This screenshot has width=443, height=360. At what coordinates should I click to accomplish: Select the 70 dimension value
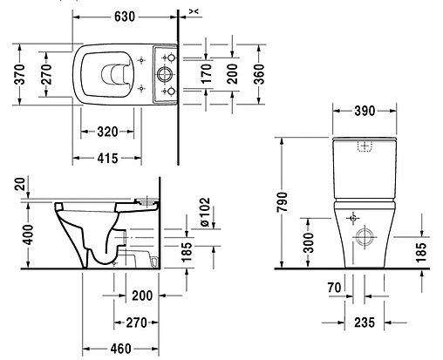click(333, 286)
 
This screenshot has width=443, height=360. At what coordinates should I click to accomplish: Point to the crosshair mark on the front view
click(352, 215)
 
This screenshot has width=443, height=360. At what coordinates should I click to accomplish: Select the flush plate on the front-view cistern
click(366, 146)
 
